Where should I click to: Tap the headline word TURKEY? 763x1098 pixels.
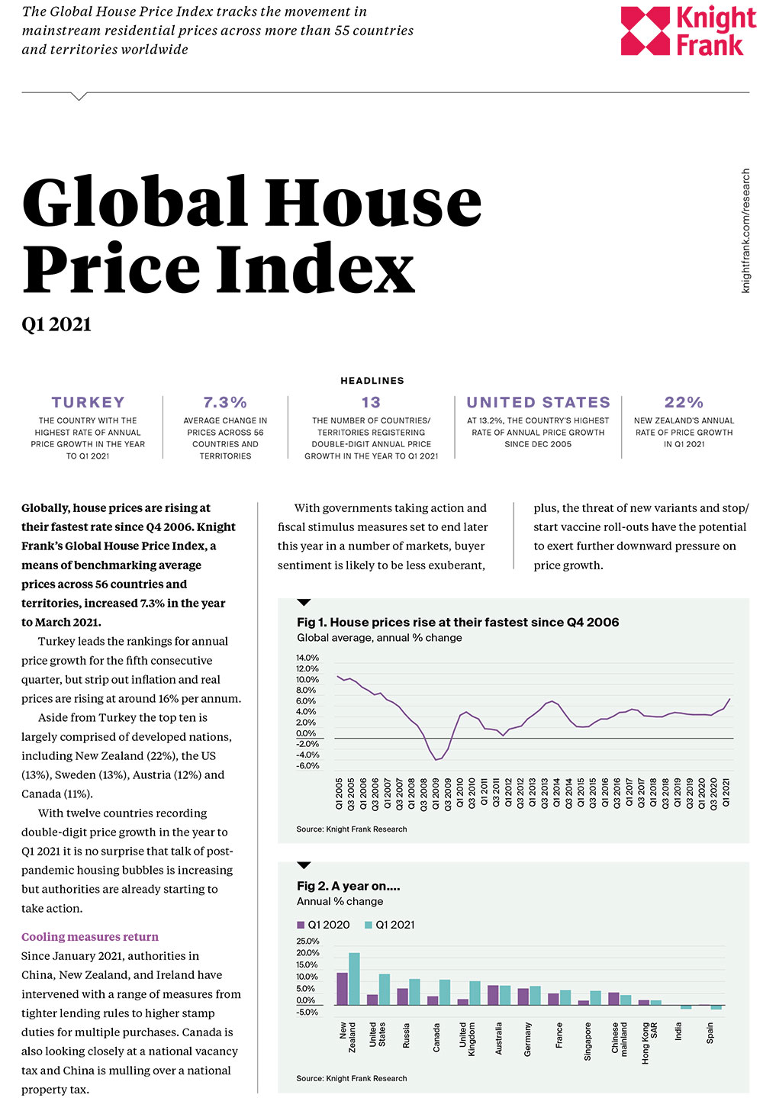(x=88, y=402)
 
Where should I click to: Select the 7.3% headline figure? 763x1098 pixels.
(x=225, y=402)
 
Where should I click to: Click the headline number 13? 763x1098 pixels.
(x=371, y=402)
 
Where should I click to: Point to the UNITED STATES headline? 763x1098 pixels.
(x=538, y=402)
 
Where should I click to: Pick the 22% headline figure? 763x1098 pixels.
(x=684, y=402)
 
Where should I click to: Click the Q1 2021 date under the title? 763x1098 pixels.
(x=56, y=324)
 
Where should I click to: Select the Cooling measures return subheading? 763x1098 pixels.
(x=90, y=936)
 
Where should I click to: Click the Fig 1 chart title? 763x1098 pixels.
(x=458, y=622)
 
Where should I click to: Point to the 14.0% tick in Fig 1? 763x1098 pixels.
(x=307, y=658)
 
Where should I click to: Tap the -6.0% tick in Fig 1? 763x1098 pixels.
(x=307, y=765)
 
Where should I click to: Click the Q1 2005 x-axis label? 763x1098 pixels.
(x=340, y=793)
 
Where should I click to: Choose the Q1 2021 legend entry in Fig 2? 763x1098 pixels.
(x=390, y=925)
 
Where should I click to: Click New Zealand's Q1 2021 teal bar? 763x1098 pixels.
(x=354, y=979)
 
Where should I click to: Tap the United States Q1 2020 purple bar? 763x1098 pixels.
(x=372, y=1000)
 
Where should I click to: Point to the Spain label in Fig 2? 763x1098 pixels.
(x=710, y=1034)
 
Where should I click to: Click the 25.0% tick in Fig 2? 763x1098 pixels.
(x=307, y=941)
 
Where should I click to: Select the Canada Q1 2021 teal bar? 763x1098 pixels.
(x=445, y=992)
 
